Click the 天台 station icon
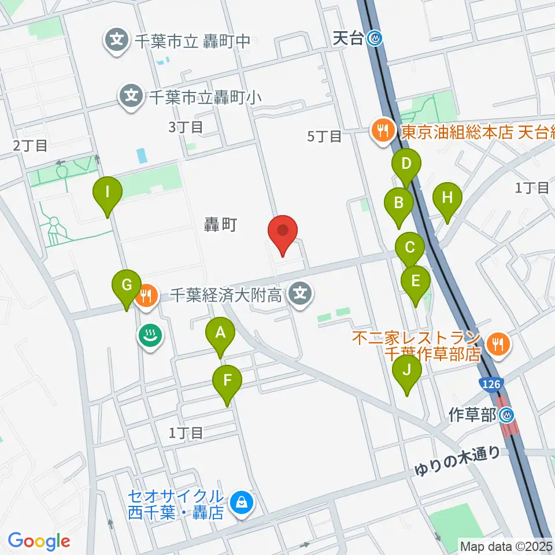(377, 39)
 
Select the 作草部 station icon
(507, 415)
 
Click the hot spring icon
(150, 334)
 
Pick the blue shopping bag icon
(240, 502)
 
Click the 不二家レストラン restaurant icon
(497, 345)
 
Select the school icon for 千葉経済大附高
(300, 295)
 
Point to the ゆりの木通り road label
(457, 461)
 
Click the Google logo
(39, 541)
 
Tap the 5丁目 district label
(324, 136)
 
